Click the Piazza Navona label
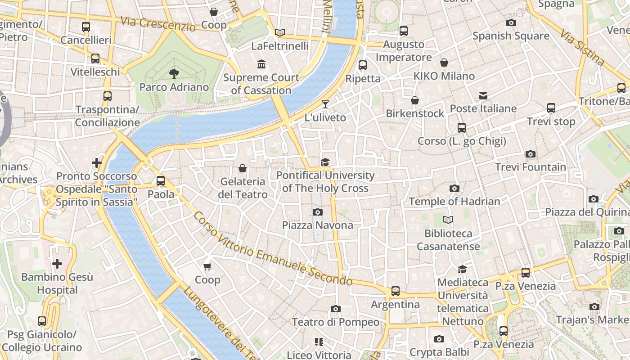point(317,225)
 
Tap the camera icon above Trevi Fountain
point(531,154)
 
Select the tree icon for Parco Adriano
point(174,74)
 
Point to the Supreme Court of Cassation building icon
point(261,64)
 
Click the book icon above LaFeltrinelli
point(280,32)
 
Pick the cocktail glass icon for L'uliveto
point(325,104)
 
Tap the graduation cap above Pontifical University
point(325,162)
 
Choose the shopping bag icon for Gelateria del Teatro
point(243,168)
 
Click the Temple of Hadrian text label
point(454,201)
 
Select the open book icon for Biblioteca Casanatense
point(448,220)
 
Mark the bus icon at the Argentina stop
point(395,291)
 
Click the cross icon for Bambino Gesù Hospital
point(57,264)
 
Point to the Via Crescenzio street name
point(158,23)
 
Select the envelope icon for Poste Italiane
point(483,95)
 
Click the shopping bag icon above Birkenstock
point(415,100)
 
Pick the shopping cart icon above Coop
point(207,266)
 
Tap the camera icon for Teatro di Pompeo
point(335,309)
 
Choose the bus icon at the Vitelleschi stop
point(95,58)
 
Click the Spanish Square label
point(510,36)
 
